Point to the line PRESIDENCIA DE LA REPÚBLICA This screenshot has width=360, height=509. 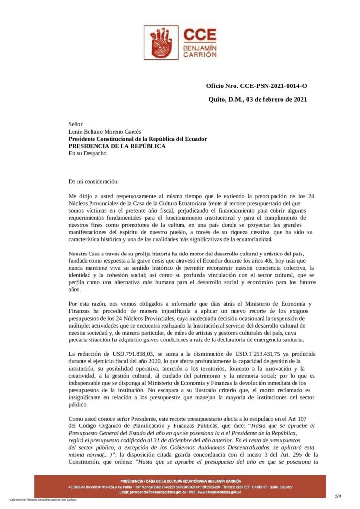[117, 146]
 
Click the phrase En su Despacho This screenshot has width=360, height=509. [88, 153]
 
